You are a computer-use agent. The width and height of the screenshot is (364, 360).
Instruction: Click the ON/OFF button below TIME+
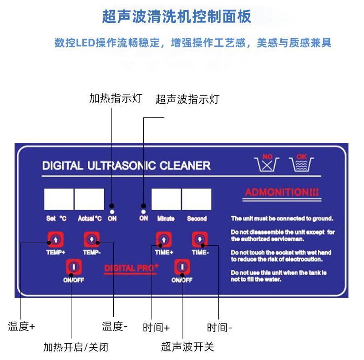tap(182, 267)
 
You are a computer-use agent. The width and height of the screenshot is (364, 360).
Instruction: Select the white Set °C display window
tap(59, 199)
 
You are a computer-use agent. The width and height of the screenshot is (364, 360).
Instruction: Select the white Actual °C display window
tap(89, 199)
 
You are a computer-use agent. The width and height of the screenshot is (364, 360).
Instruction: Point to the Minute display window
tap(166, 199)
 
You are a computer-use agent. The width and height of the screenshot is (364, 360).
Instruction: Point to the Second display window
tap(197, 199)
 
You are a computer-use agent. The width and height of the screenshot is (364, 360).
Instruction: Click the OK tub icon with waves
tap(301, 163)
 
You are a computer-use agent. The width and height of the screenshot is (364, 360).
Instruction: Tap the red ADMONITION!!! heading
tap(282, 192)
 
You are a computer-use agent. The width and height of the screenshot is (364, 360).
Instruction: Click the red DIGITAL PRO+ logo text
tap(131, 268)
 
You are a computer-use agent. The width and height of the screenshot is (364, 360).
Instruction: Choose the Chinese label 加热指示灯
tap(116, 98)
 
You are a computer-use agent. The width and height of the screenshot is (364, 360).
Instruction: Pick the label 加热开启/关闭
tap(76, 348)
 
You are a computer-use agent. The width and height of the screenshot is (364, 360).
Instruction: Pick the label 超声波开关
tap(187, 347)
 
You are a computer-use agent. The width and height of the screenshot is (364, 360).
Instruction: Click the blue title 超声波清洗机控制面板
tap(177, 18)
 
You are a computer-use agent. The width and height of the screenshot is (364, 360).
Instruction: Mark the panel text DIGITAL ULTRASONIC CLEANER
tap(126, 165)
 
